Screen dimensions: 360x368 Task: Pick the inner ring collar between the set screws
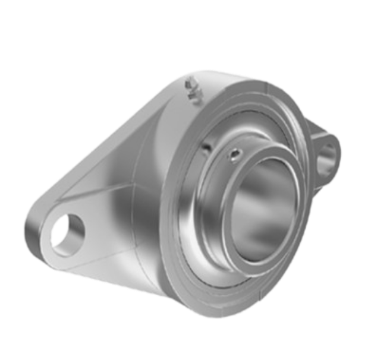220,151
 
